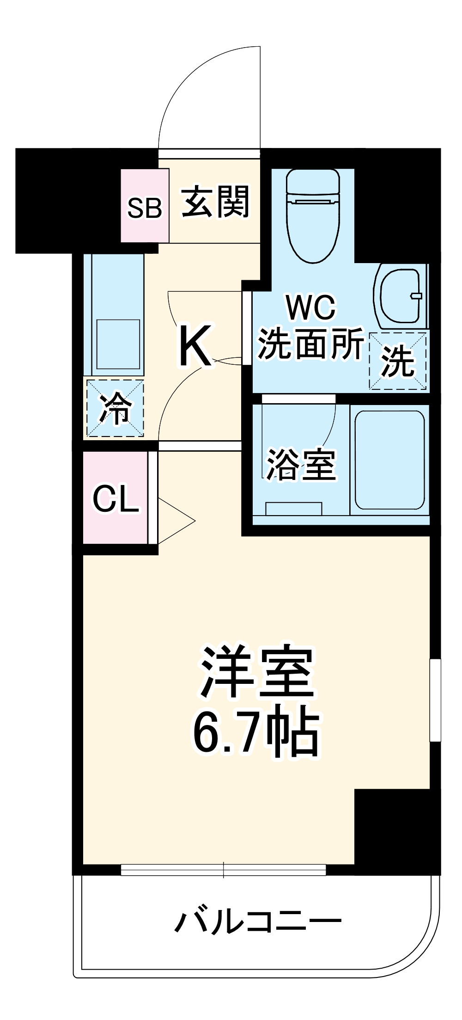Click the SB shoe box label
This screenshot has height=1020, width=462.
pos(145,208)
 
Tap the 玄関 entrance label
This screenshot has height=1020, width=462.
pos(215,202)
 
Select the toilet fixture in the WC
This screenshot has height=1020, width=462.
pos(313,215)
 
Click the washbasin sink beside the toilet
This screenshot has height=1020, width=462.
pos(400,295)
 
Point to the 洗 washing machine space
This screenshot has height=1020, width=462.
pos(397,361)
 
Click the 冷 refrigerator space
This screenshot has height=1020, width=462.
pos(115,408)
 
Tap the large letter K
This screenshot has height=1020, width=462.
pos(195,345)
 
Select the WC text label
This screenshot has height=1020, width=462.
pos(310,307)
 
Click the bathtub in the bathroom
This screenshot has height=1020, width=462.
pos(389,460)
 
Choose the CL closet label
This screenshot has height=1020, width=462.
pos(115,499)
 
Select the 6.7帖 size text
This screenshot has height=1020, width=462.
pos(255,733)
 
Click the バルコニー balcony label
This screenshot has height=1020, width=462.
pos(257,922)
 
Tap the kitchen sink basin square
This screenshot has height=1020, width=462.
pos(118,344)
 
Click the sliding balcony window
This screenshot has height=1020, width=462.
pos(224,870)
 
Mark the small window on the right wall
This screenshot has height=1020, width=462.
pos(435,700)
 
